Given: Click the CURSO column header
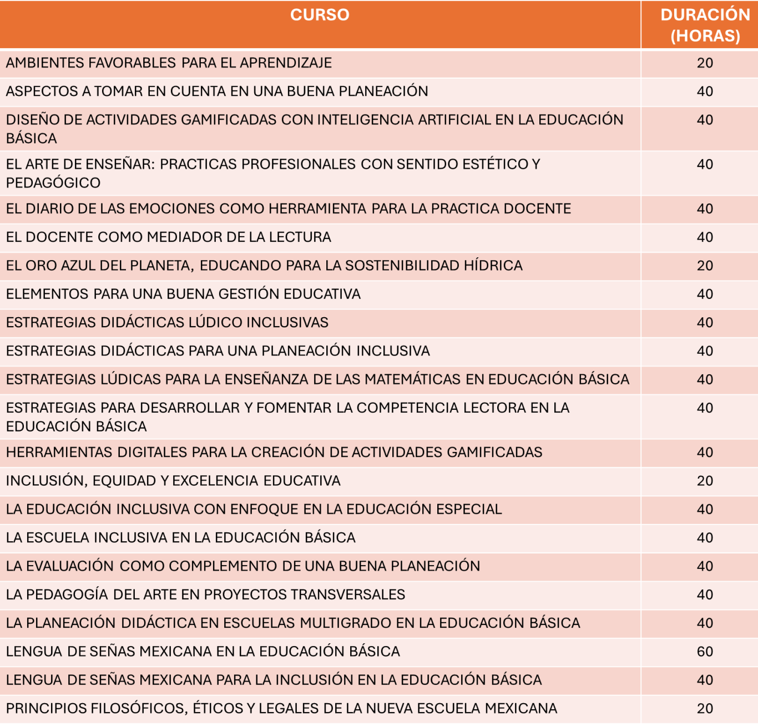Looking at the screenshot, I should tap(320, 15).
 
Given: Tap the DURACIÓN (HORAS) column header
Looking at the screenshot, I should tap(705, 25).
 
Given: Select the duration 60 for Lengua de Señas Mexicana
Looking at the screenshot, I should tap(705, 652).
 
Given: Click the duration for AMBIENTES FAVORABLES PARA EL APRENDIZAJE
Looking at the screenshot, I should tap(705, 63).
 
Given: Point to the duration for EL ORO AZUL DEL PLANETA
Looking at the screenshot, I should tap(705, 266).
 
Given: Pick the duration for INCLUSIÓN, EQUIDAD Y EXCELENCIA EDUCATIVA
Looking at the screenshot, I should tap(705, 481).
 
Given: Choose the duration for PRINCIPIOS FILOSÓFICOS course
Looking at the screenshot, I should tap(705, 709).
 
